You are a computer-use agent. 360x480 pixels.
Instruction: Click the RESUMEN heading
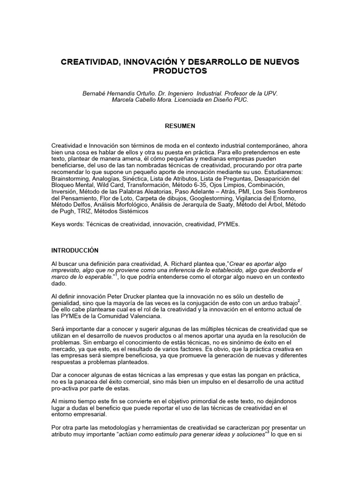180,126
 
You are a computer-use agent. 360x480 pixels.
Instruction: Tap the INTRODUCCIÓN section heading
75,251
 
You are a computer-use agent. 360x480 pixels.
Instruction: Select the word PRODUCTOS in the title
180,71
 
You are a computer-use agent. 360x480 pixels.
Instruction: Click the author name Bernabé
96,93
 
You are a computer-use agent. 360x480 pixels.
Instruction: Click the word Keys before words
60,225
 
